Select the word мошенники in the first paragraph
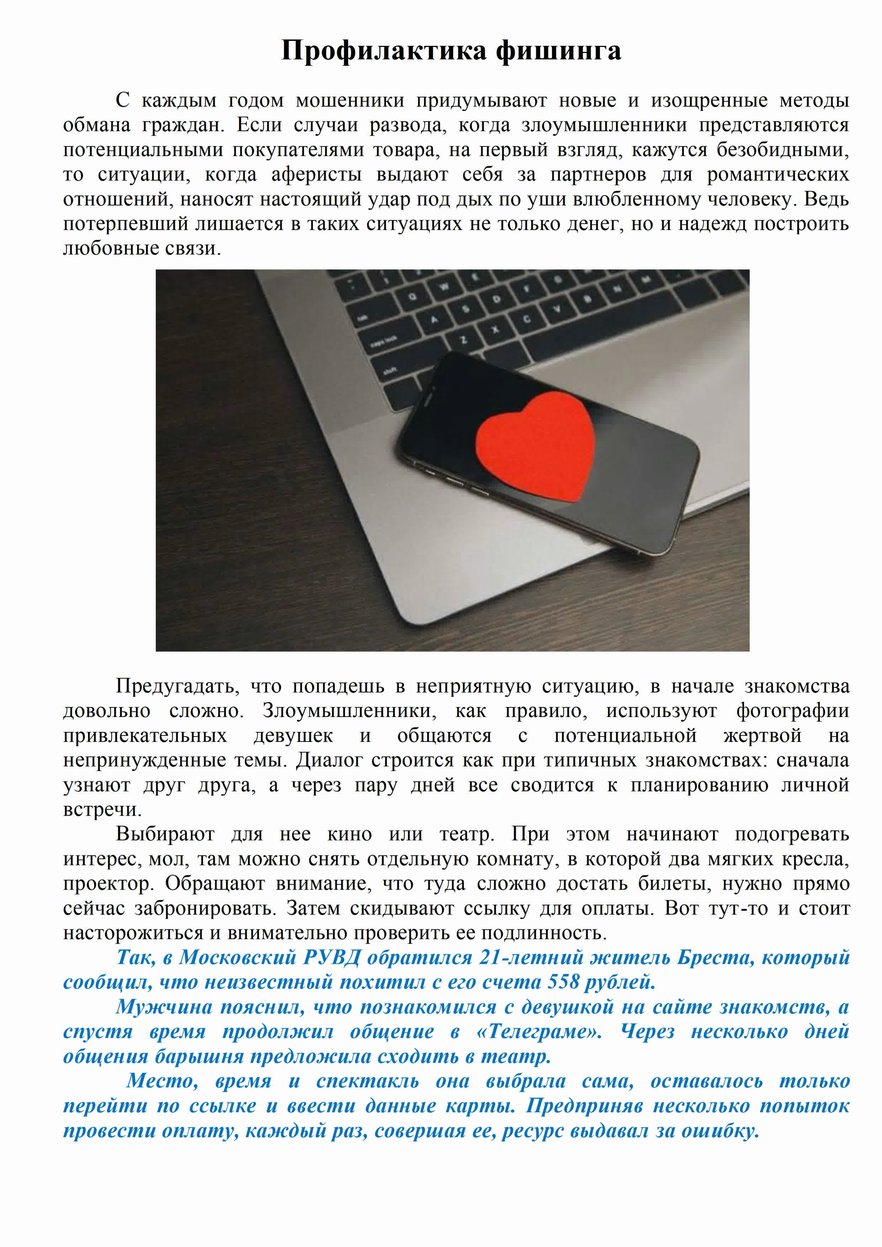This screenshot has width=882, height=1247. [x=350, y=100]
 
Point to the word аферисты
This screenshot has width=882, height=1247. [x=316, y=175]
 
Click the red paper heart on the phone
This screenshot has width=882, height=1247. [x=535, y=445]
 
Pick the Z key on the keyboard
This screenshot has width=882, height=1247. [x=463, y=339]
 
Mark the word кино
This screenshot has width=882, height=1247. [x=349, y=834]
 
